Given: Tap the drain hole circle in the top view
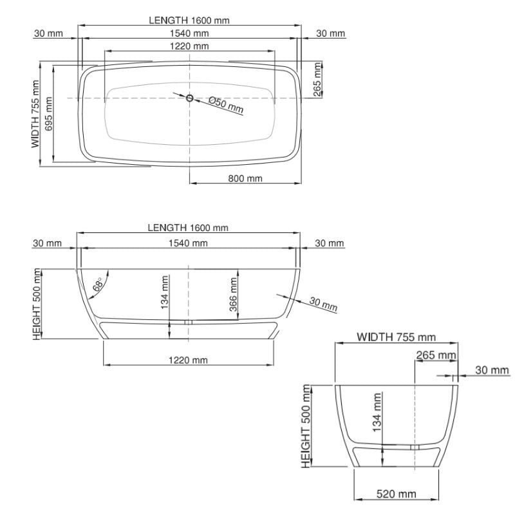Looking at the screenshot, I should pyautogui.click(x=189, y=98).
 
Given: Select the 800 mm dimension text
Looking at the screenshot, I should pyautogui.click(x=245, y=178).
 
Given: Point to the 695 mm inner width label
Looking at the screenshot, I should pyautogui.click(x=49, y=114).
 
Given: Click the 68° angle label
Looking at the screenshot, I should pyautogui.click(x=98, y=285).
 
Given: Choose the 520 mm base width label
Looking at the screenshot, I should pyautogui.click(x=396, y=494).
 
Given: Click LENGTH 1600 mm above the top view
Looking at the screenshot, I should pyautogui.click(x=189, y=21).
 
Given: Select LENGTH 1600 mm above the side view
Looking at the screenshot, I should pyautogui.click(x=188, y=227).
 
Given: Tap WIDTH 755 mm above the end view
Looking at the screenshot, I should pyautogui.click(x=396, y=337).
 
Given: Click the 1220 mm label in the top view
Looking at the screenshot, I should pyautogui.click(x=189, y=46).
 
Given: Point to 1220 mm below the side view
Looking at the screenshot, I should pyautogui.click(x=188, y=360).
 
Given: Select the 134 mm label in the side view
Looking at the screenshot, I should pyautogui.click(x=165, y=292).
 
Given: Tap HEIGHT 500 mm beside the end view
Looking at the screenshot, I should pyautogui.click(x=306, y=426).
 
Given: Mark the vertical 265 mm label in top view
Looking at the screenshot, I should pyautogui.click(x=317, y=79).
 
